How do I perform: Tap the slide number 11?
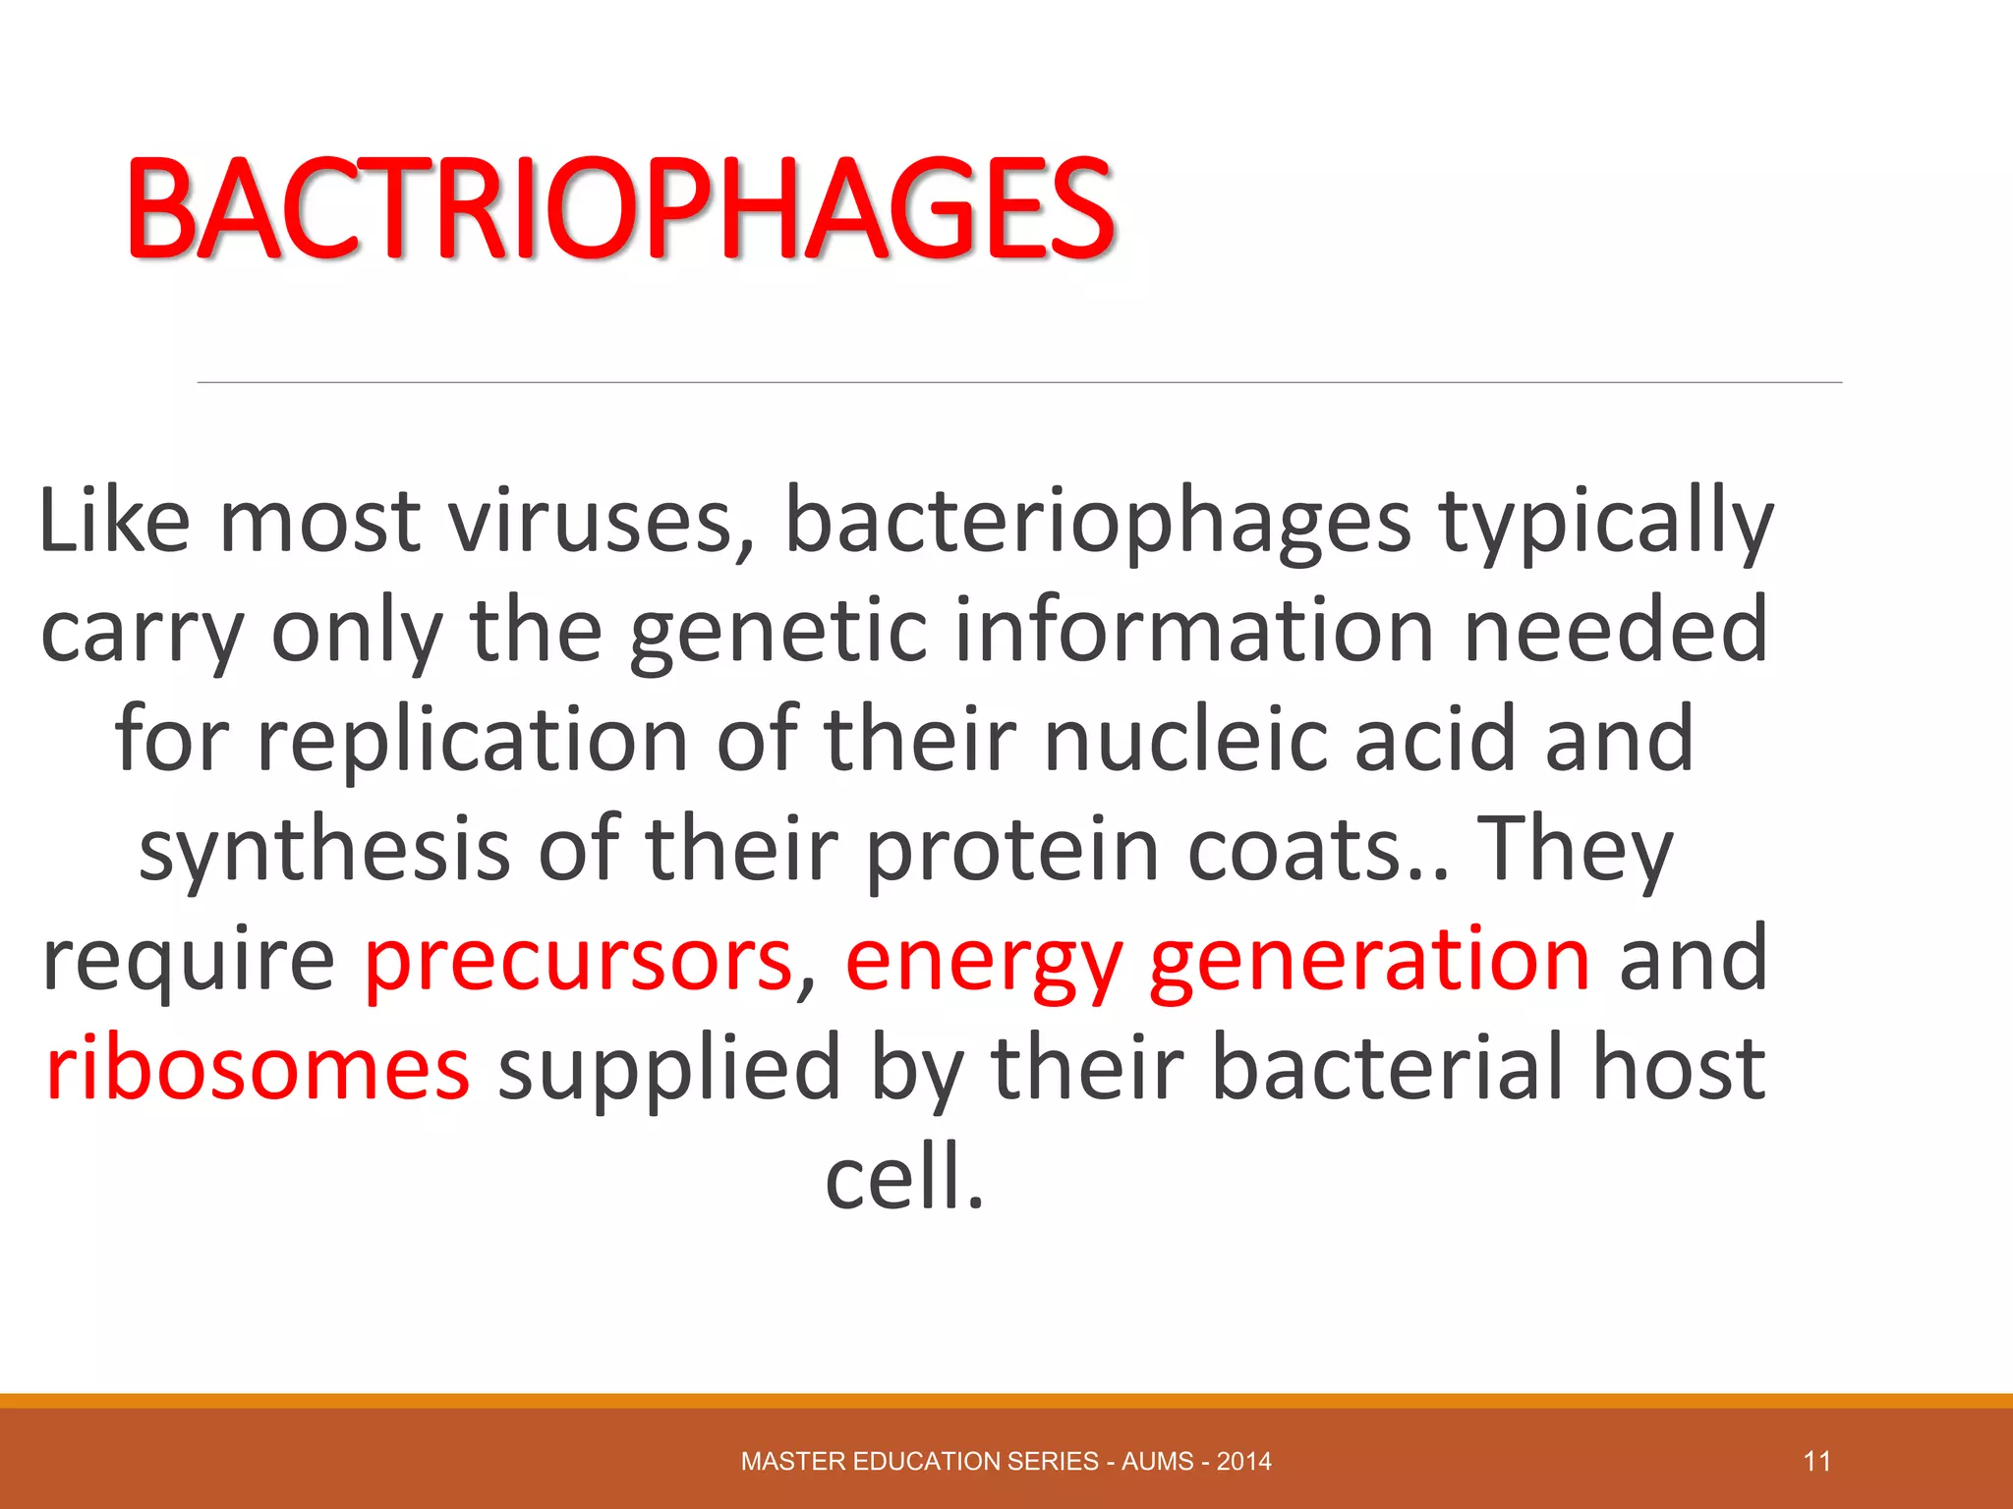click(1816, 1461)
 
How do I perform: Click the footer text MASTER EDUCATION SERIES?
click(919, 1461)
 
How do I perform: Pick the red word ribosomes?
click(258, 1068)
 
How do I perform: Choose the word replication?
click(472, 743)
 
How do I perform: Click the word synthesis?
click(324, 852)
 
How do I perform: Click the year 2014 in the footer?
click(1243, 1461)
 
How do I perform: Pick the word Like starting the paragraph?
click(113, 521)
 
